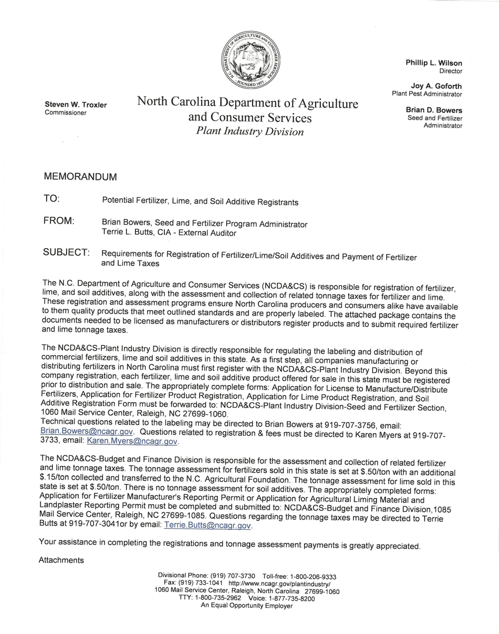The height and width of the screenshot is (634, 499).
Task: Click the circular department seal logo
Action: pyautogui.click(x=251, y=60)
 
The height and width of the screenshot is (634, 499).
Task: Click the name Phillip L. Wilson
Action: pyautogui.click(x=433, y=63)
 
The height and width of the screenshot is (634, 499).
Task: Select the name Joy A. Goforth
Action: pyautogui.click(x=436, y=86)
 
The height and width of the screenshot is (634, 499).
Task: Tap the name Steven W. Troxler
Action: pyautogui.click(x=76, y=105)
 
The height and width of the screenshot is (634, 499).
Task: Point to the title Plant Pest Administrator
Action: pyautogui.click(x=427, y=94)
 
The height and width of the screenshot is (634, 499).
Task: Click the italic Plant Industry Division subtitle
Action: pyautogui.click(x=250, y=131)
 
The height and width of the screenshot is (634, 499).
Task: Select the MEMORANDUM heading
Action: pyautogui.click(x=80, y=177)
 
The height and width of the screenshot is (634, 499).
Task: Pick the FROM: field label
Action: pyautogui.click(x=58, y=221)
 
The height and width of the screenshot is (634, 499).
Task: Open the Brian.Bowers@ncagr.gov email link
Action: pyautogui.click(x=87, y=431)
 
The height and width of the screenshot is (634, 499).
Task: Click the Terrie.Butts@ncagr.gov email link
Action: pyautogui.click(x=208, y=525)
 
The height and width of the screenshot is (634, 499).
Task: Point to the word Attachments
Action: pyautogui.click(x=61, y=560)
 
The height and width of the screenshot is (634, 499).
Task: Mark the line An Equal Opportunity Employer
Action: pyautogui.click(x=246, y=606)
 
